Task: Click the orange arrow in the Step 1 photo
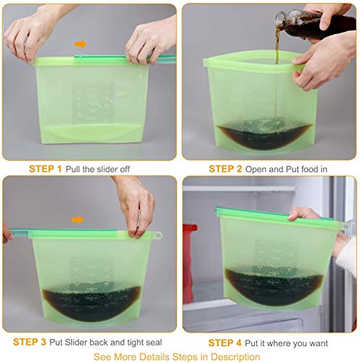[x=81, y=44]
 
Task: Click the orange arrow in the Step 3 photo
[x=78, y=219]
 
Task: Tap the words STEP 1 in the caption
[x=46, y=169]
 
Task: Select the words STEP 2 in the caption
[x=225, y=169]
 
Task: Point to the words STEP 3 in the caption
[x=29, y=342]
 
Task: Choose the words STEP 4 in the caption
[x=225, y=343]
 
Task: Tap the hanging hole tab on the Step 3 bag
[x=158, y=235]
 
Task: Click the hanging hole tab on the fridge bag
[x=346, y=227]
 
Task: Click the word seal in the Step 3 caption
[x=154, y=342]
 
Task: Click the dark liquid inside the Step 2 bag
[x=264, y=136]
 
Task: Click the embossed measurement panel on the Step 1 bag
[x=93, y=102]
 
